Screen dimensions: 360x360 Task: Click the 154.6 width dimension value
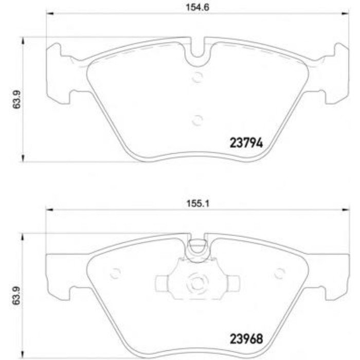[197, 7]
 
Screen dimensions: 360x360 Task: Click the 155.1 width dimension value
[197, 204]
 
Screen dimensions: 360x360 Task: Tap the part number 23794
[246, 143]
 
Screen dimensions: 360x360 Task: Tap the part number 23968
[246, 339]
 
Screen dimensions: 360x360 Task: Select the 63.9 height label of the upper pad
[17, 99]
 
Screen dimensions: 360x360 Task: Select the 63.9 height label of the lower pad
[16, 296]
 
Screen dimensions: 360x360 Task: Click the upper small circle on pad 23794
[197, 77]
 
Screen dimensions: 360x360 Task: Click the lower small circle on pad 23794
[197, 120]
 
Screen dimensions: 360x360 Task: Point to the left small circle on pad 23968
[115, 273]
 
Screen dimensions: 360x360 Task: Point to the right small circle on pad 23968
[280, 273]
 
